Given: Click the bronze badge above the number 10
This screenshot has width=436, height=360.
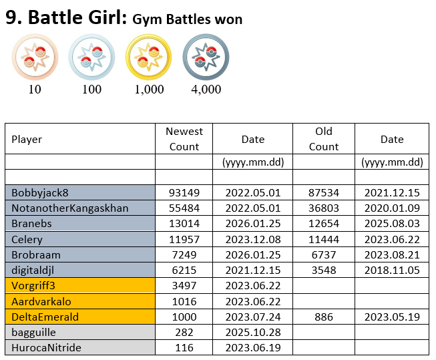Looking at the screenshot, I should [x=35, y=57].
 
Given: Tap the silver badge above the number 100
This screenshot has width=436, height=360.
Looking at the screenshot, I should [x=93, y=57].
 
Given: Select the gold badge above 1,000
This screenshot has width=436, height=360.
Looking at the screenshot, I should [x=149, y=57].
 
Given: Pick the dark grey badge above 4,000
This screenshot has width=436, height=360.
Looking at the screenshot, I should [x=206, y=57].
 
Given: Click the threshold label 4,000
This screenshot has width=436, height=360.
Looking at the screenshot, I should [x=206, y=89].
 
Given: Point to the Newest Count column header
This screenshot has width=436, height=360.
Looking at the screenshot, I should [x=184, y=139].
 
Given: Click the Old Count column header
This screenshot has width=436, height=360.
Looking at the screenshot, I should [x=324, y=139].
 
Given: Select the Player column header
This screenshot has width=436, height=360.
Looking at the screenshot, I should [x=27, y=140].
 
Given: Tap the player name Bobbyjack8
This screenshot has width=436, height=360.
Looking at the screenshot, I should [x=40, y=192].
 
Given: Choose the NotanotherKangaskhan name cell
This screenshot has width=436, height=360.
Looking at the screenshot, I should [x=70, y=208].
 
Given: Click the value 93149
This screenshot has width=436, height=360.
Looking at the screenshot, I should [x=184, y=192].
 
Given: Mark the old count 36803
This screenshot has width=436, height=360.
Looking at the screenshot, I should [x=324, y=208].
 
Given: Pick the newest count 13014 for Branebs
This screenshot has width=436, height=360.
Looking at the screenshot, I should [x=184, y=224].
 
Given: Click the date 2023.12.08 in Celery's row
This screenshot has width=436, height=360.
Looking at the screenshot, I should [x=253, y=239].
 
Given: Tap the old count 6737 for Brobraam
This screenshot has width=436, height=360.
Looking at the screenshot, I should [x=324, y=254].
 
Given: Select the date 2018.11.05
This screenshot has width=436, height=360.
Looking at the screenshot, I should [x=392, y=270].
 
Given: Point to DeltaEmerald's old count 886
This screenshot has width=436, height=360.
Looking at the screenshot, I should [x=324, y=317].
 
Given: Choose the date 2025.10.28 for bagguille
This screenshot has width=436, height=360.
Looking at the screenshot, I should [x=253, y=332].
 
